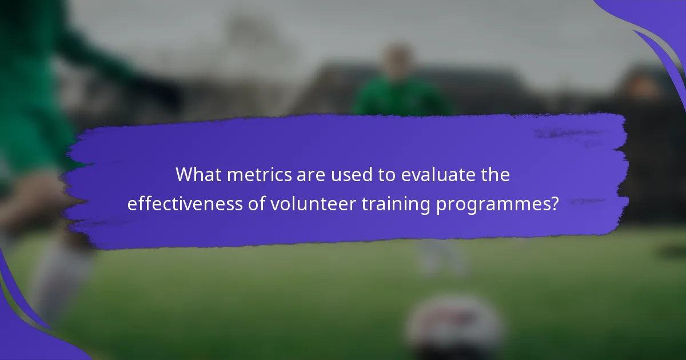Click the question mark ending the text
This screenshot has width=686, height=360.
point(554,204)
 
